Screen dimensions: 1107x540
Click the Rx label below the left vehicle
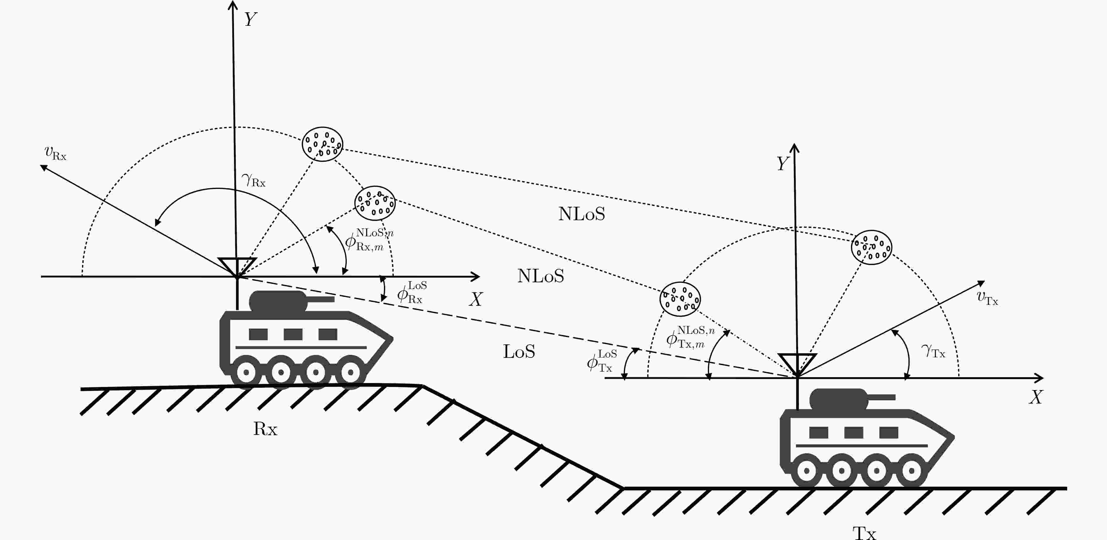tap(265, 429)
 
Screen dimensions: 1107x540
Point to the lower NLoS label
tap(541, 276)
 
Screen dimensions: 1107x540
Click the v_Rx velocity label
tap(55, 153)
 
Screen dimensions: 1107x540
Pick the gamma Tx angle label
tap(933, 351)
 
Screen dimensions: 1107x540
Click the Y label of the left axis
tap(250, 19)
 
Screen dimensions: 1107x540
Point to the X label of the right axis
tap(1036, 397)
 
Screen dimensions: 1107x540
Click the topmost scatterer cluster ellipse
tap(323, 144)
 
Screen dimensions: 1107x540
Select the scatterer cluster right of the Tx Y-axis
tap(872, 247)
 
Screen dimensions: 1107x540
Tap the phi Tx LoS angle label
tap(602, 361)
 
